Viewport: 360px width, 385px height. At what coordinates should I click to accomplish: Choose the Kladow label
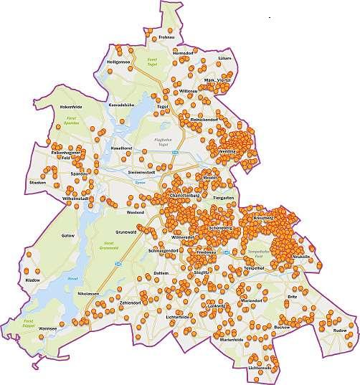(33, 278)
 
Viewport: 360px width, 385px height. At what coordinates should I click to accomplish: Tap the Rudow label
(339, 330)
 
